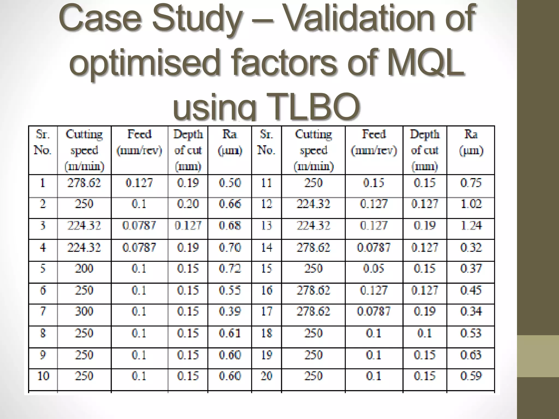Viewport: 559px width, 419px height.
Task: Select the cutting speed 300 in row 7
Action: [x=84, y=311]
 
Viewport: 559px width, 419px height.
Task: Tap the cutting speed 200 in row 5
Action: [x=84, y=269]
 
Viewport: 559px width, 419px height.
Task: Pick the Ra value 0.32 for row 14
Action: [x=471, y=247]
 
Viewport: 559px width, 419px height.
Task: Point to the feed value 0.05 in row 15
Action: [x=374, y=269]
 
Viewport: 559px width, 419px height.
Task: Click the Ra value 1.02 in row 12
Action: [x=471, y=204]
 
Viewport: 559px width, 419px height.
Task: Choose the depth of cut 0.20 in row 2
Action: [x=188, y=204]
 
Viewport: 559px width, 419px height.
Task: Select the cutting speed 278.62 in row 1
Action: [x=84, y=183]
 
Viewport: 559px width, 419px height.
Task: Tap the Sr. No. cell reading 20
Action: [x=266, y=376]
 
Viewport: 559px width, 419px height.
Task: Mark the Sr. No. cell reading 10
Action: [x=43, y=376]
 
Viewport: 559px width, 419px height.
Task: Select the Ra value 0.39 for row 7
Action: [x=230, y=311]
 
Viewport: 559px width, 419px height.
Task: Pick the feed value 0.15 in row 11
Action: [x=374, y=183]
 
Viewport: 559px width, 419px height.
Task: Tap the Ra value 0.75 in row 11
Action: [x=471, y=183]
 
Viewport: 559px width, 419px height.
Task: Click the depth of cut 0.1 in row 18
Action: [x=424, y=333]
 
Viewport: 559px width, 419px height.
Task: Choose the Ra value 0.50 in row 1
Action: [x=230, y=183]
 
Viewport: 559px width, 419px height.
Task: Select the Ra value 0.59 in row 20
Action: [x=471, y=376]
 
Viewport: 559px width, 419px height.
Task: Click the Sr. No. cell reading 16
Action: [x=266, y=290]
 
